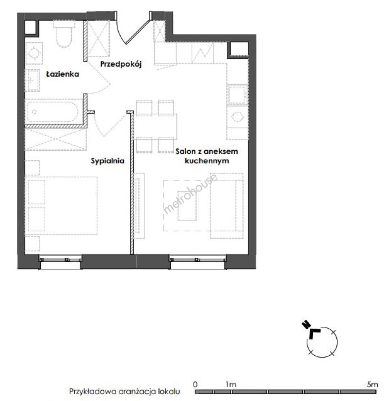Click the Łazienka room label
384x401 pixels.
(x=62, y=74)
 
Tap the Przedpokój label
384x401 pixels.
(x=121, y=64)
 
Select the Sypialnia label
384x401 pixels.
(x=108, y=161)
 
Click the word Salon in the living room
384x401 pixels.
(x=185, y=151)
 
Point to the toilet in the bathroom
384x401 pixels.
(x=64, y=34)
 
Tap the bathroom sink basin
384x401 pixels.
(x=32, y=80)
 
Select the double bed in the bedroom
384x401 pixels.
(x=61, y=206)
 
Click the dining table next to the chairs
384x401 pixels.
(x=156, y=126)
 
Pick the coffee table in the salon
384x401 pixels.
(x=187, y=206)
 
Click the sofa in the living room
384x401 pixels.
(x=227, y=206)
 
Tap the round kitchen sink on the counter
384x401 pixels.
(x=237, y=117)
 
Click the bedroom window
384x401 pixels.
(x=61, y=262)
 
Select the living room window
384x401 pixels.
(x=198, y=262)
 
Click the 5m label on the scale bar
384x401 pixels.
(x=372, y=384)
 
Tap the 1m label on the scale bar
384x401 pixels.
(x=231, y=384)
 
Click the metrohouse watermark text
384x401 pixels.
(x=191, y=193)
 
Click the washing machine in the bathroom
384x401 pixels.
(x=34, y=53)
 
